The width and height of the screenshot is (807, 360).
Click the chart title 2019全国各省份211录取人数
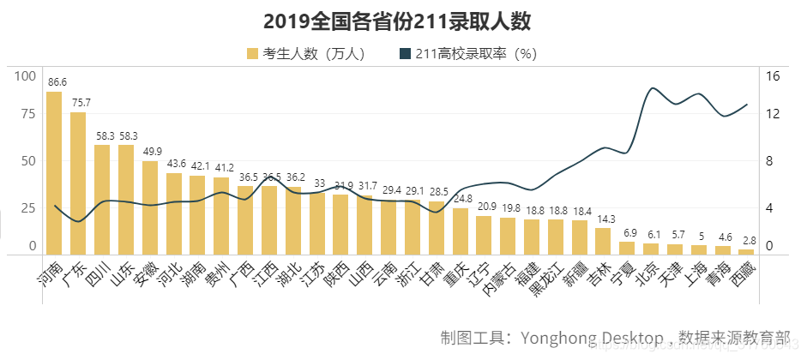tap(402, 21)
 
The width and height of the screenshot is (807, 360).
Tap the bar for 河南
tap(54, 171)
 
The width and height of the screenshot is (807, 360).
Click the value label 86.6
tap(57, 82)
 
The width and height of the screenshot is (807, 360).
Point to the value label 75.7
tap(81, 103)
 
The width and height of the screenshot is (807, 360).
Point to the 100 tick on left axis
tap(26, 75)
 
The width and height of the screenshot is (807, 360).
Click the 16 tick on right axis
tap(772, 75)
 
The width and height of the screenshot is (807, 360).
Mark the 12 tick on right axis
tap(772, 114)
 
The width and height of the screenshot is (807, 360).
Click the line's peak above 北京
tap(653, 88)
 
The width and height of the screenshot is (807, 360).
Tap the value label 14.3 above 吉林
tap(605, 219)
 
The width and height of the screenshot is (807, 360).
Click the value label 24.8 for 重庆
tap(462, 199)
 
